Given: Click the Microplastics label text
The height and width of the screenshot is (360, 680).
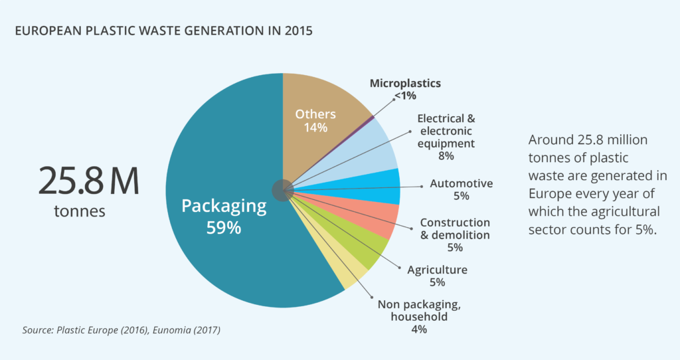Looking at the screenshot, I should tap(405, 84).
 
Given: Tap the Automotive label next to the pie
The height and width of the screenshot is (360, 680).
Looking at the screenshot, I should tap(461, 183).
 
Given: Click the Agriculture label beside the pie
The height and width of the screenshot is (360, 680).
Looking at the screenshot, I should tap(437, 270).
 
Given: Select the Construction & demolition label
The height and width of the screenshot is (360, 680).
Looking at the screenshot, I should tap(455, 228).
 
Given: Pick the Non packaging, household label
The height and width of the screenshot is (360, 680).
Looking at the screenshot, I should tap(418, 310).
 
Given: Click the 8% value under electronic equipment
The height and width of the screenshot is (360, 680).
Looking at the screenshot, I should tap(446, 156).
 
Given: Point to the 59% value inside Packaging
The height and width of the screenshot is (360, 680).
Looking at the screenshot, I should tap(224, 228).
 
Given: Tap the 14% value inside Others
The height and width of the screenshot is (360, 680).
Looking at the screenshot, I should tap(315, 128).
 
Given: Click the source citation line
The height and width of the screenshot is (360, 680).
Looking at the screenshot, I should tap(121, 329).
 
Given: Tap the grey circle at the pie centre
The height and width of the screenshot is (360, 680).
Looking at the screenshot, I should tap(283, 189).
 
